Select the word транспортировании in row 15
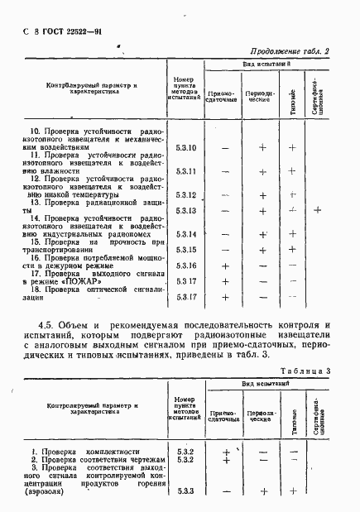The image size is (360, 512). point(63,257)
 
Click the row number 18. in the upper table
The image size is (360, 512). point(36,289)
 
